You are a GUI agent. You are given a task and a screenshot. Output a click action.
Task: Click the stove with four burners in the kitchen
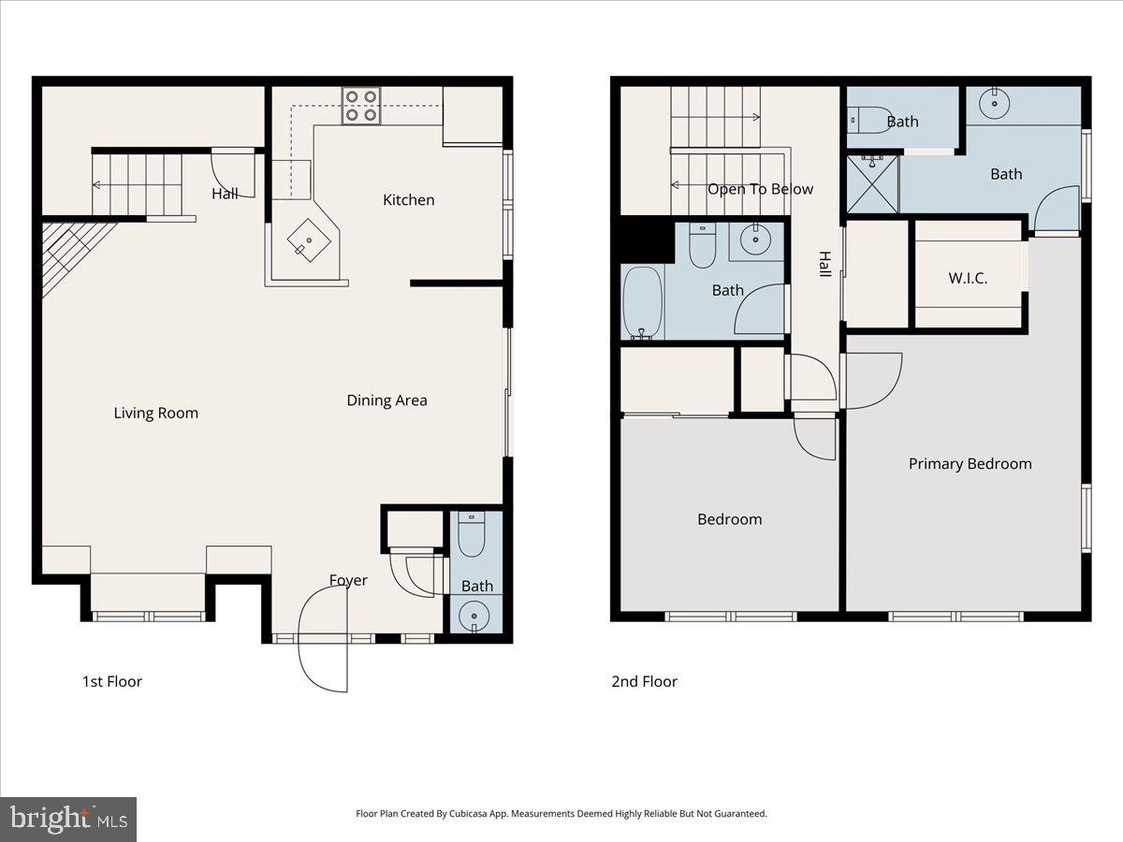pos(360,106)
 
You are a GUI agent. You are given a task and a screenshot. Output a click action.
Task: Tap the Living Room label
pos(156,413)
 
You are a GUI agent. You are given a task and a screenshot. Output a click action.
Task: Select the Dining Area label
pos(386,400)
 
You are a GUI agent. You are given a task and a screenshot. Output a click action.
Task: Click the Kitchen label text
pos(409,199)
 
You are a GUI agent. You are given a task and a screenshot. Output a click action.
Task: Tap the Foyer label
pos(348,580)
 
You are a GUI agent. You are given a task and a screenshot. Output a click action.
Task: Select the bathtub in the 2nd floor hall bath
pos(642,303)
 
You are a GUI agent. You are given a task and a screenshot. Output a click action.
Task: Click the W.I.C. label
pos(968,278)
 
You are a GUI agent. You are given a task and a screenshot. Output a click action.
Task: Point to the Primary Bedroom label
pos(970,463)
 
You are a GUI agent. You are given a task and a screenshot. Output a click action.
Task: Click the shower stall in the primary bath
pos(872,184)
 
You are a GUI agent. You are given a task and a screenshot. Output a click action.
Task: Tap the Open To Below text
pos(760,189)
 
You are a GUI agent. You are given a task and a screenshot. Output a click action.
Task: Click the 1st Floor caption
pos(112,681)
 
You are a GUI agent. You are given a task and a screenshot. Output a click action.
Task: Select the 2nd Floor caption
pos(644,681)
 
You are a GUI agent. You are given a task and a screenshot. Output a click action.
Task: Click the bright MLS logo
pos(68,820)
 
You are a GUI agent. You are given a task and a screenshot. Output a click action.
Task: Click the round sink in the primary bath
pos(992,105)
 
